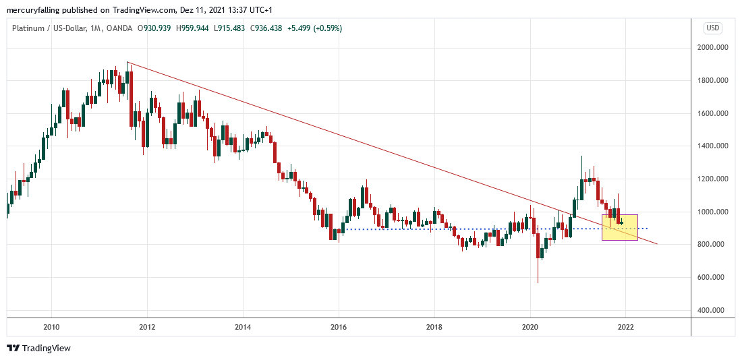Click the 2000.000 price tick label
(715, 48)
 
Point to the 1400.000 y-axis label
(715, 146)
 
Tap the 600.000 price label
(715, 278)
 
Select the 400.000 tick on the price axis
(715, 311)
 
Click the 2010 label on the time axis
(51, 328)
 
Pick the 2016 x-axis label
(339, 328)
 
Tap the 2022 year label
(625, 328)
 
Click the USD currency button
(713, 28)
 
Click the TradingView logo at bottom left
(38, 348)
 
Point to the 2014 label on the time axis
(243, 328)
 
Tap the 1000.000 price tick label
(715, 212)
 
